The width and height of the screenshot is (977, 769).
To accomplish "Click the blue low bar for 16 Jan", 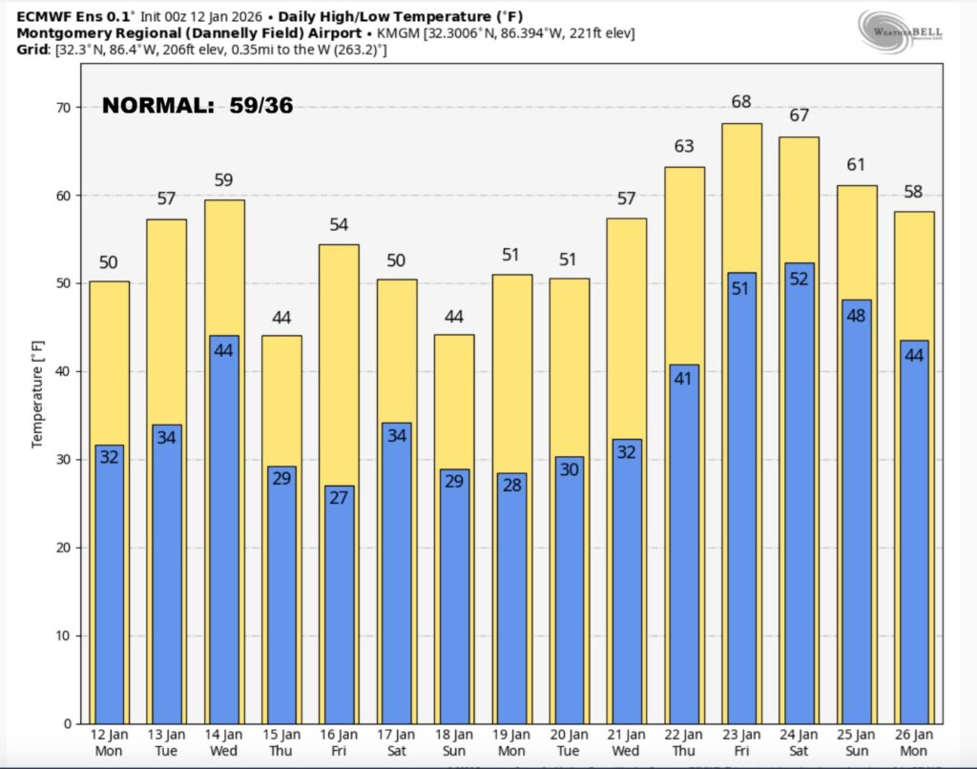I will click(339, 611).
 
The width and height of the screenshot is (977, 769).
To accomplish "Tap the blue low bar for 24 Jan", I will click(799, 496).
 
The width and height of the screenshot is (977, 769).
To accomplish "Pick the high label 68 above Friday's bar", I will click(741, 102).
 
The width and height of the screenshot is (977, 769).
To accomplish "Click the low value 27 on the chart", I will click(339, 498).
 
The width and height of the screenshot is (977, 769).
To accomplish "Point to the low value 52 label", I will click(799, 278).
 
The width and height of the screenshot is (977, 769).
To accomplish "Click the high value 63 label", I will click(684, 146).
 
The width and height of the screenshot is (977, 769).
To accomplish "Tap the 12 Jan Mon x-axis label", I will click(109, 742).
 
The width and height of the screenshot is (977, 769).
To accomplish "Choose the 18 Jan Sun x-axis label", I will click(454, 742).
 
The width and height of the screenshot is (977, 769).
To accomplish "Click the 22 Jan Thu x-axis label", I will click(684, 742).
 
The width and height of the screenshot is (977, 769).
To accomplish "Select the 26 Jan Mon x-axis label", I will click(914, 742).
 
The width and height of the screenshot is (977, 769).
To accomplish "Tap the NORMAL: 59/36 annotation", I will click(197, 106).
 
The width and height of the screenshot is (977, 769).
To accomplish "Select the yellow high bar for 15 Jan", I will click(281, 401).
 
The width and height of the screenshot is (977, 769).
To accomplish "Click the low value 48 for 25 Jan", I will click(857, 315).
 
